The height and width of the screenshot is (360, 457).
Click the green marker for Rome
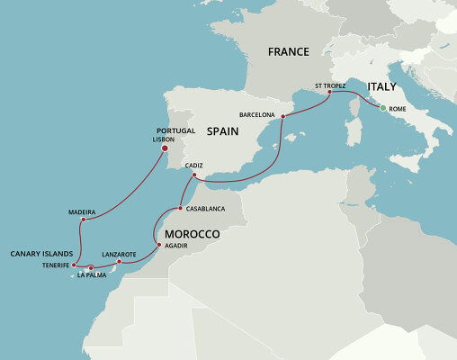pyautogui.click(x=384, y=109)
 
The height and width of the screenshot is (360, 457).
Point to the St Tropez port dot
pyautogui.click(x=329, y=92)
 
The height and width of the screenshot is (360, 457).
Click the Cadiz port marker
pyautogui.click(x=194, y=175)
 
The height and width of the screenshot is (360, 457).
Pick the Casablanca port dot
pyautogui.click(x=181, y=209)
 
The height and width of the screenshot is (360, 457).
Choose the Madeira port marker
pyautogui.click(x=83, y=220)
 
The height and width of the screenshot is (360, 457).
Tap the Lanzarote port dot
pyautogui.click(x=120, y=262)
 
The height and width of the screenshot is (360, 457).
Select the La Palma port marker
pyautogui.click(x=91, y=267)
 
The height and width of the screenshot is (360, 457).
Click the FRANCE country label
pyautogui.click(x=289, y=52)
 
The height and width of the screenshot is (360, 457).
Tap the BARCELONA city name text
pyautogui.click(x=257, y=115)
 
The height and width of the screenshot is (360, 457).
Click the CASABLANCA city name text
pyautogui.click(x=206, y=209)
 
